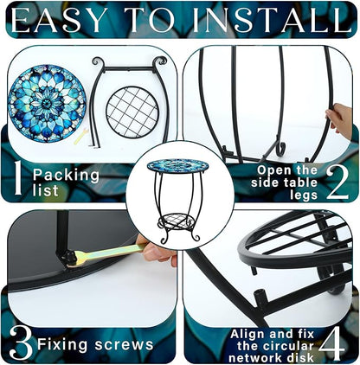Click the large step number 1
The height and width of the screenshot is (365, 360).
click(x=18, y=177)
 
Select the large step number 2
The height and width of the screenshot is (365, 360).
click(x=337, y=182)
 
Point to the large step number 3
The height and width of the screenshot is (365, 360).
click(x=21, y=343)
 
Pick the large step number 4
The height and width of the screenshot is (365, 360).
click(x=331, y=345)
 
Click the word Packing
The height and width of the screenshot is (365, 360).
click(x=66, y=176)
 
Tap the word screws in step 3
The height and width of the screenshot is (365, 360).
click(x=125, y=344)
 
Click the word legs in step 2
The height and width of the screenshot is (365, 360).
click(x=304, y=195)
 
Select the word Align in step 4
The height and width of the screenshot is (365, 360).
click(x=247, y=335)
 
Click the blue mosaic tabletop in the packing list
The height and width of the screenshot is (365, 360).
click(x=47, y=103)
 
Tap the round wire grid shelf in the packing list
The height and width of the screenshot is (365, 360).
click(x=132, y=112)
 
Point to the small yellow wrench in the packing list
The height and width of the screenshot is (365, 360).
click(x=80, y=137)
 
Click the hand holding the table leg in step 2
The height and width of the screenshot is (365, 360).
click(x=339, y=118)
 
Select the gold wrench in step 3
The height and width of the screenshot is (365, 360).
click(x=106, y=253)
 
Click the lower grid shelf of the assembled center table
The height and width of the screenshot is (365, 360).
click(x=178, y=221)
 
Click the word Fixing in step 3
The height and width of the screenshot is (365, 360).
click(x=62, y=345)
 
